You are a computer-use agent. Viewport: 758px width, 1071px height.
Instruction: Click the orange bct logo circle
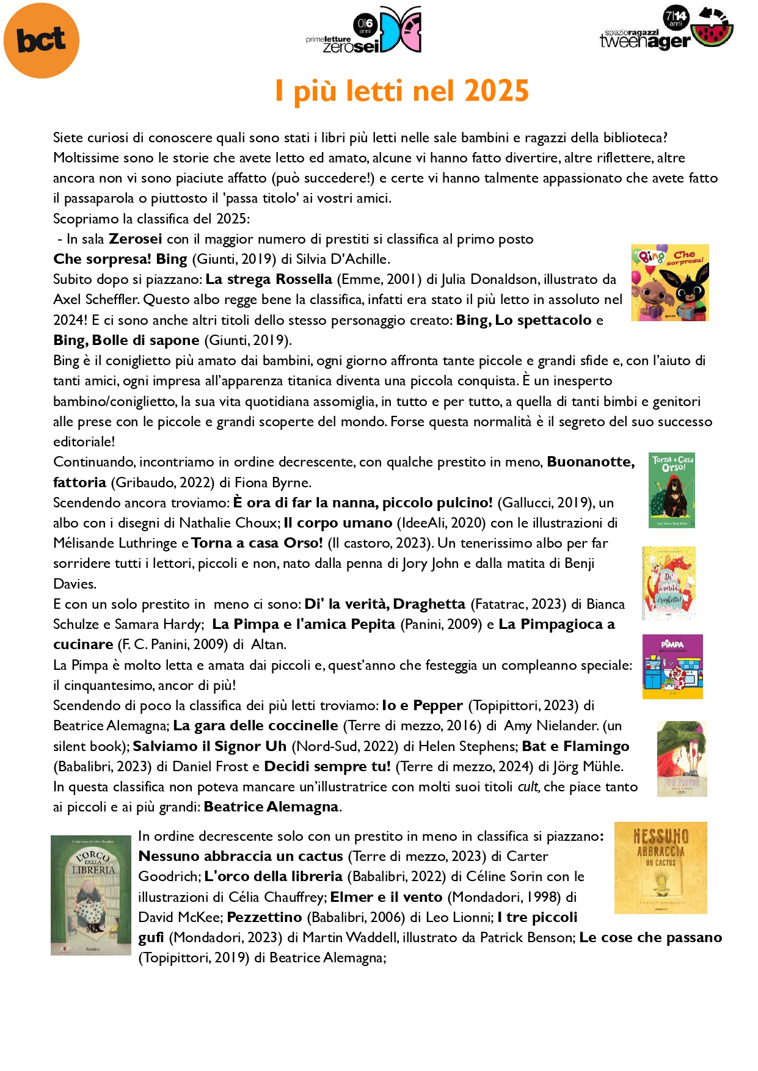[x=42, y=41]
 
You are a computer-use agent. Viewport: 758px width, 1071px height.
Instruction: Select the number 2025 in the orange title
[x=496, y=91]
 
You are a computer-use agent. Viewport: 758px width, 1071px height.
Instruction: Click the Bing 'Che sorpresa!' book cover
[x=670, y=283]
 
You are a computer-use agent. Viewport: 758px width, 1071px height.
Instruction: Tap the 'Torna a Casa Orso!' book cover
[x=672, y=490]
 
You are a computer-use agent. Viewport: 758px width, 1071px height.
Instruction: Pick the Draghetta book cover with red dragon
[x=669, y=583]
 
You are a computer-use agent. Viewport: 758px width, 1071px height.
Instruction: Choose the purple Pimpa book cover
[x=672, y=667]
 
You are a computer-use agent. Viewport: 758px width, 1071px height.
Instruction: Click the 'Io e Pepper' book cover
[x=682, y=759]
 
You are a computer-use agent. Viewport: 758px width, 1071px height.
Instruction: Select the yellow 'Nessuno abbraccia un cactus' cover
[x=660, y=868]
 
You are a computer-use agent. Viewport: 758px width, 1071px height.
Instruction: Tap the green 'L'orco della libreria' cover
[x=91, y=895]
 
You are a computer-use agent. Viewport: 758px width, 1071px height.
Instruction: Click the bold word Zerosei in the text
[x=136, y=239]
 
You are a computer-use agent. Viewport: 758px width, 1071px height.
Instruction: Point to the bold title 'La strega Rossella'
[x=269, y=279]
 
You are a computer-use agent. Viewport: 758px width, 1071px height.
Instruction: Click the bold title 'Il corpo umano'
[x=338, y=523]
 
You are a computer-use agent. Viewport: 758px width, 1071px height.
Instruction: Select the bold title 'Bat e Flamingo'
[x=575, y=746]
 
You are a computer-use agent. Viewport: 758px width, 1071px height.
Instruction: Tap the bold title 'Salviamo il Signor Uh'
[x=210, y=746]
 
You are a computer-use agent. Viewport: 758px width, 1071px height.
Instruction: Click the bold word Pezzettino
[x=264, y=917]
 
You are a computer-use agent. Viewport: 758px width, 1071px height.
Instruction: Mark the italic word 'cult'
[x=528, y=786]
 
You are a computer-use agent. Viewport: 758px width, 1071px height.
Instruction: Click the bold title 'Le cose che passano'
[x=650, y=937]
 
